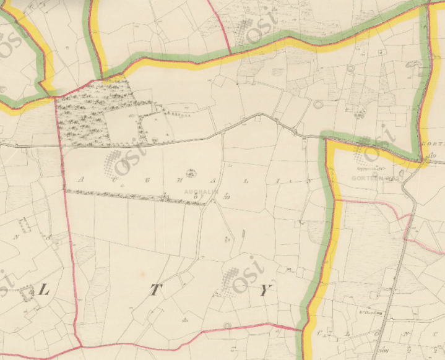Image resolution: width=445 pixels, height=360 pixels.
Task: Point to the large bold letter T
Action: tap(153, 293)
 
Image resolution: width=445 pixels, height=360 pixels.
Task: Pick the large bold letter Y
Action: tap(265, 292)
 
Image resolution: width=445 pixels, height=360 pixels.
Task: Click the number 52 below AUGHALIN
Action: tap(228, 198)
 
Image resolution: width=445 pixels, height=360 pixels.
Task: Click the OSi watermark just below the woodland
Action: tap(124, 160)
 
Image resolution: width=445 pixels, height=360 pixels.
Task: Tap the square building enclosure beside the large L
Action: tap(27, 294)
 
